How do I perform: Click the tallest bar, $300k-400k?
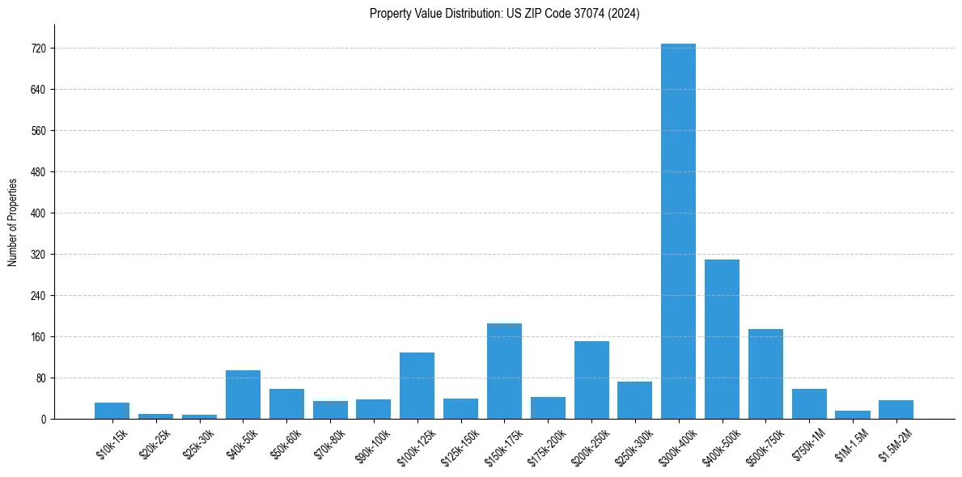(678, 231)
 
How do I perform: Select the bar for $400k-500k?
(722, 340)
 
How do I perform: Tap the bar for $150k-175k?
(504, 371)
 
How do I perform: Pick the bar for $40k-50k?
(243, 395)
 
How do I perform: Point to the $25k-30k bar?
(199, 416)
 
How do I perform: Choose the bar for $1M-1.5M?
(853, 415)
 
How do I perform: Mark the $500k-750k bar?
(765, 374)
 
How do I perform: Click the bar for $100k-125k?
(417, 386)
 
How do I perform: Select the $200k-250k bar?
(591, 380)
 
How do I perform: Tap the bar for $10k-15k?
(112, 411)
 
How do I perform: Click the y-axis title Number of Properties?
(12, 222)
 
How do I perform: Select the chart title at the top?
(504, 14)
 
